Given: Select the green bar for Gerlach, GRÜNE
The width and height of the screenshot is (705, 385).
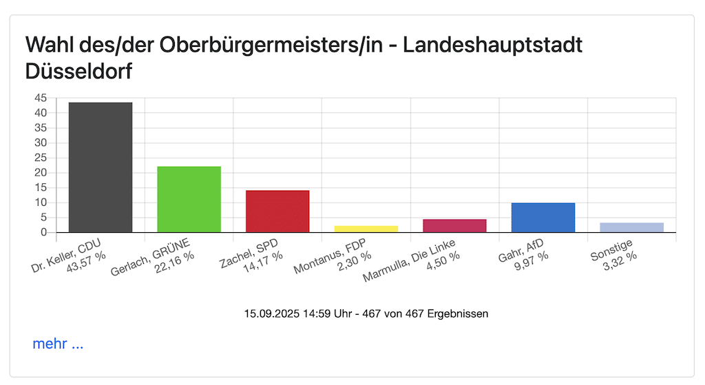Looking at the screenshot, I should pyautogui.click(x=189, y=199).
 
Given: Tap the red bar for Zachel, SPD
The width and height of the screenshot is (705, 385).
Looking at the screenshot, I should pyautogui.click(x=277, y=211).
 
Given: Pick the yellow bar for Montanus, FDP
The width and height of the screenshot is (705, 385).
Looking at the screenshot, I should pyautogui.click(x=366, y=229).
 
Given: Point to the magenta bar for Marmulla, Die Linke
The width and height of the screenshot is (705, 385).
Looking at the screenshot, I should pyautogui.click(x=455, y=225).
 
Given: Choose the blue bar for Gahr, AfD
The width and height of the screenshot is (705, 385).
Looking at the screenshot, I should pyautogui.click(x=543, y=217).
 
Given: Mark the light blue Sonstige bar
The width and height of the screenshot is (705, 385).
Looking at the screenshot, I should pyautogui.click(x=632, y=227).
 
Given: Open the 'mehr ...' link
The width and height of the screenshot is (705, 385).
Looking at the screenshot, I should pyautogui.click(x=58, y=344).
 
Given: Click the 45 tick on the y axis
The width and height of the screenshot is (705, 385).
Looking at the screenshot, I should pyautogui.click(x=41, y=98).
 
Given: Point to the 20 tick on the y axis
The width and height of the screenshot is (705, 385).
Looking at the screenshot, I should pyautogui.click(x=41, y=173).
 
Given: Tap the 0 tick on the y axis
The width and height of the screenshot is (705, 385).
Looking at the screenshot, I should pyautogui.click(x=43, y=232).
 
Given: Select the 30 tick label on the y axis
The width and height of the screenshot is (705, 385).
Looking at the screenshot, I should pyautogui.click(x=41, y=143).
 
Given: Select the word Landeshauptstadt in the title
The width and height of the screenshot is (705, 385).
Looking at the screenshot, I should pyautogui.click(x=492, y=45).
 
